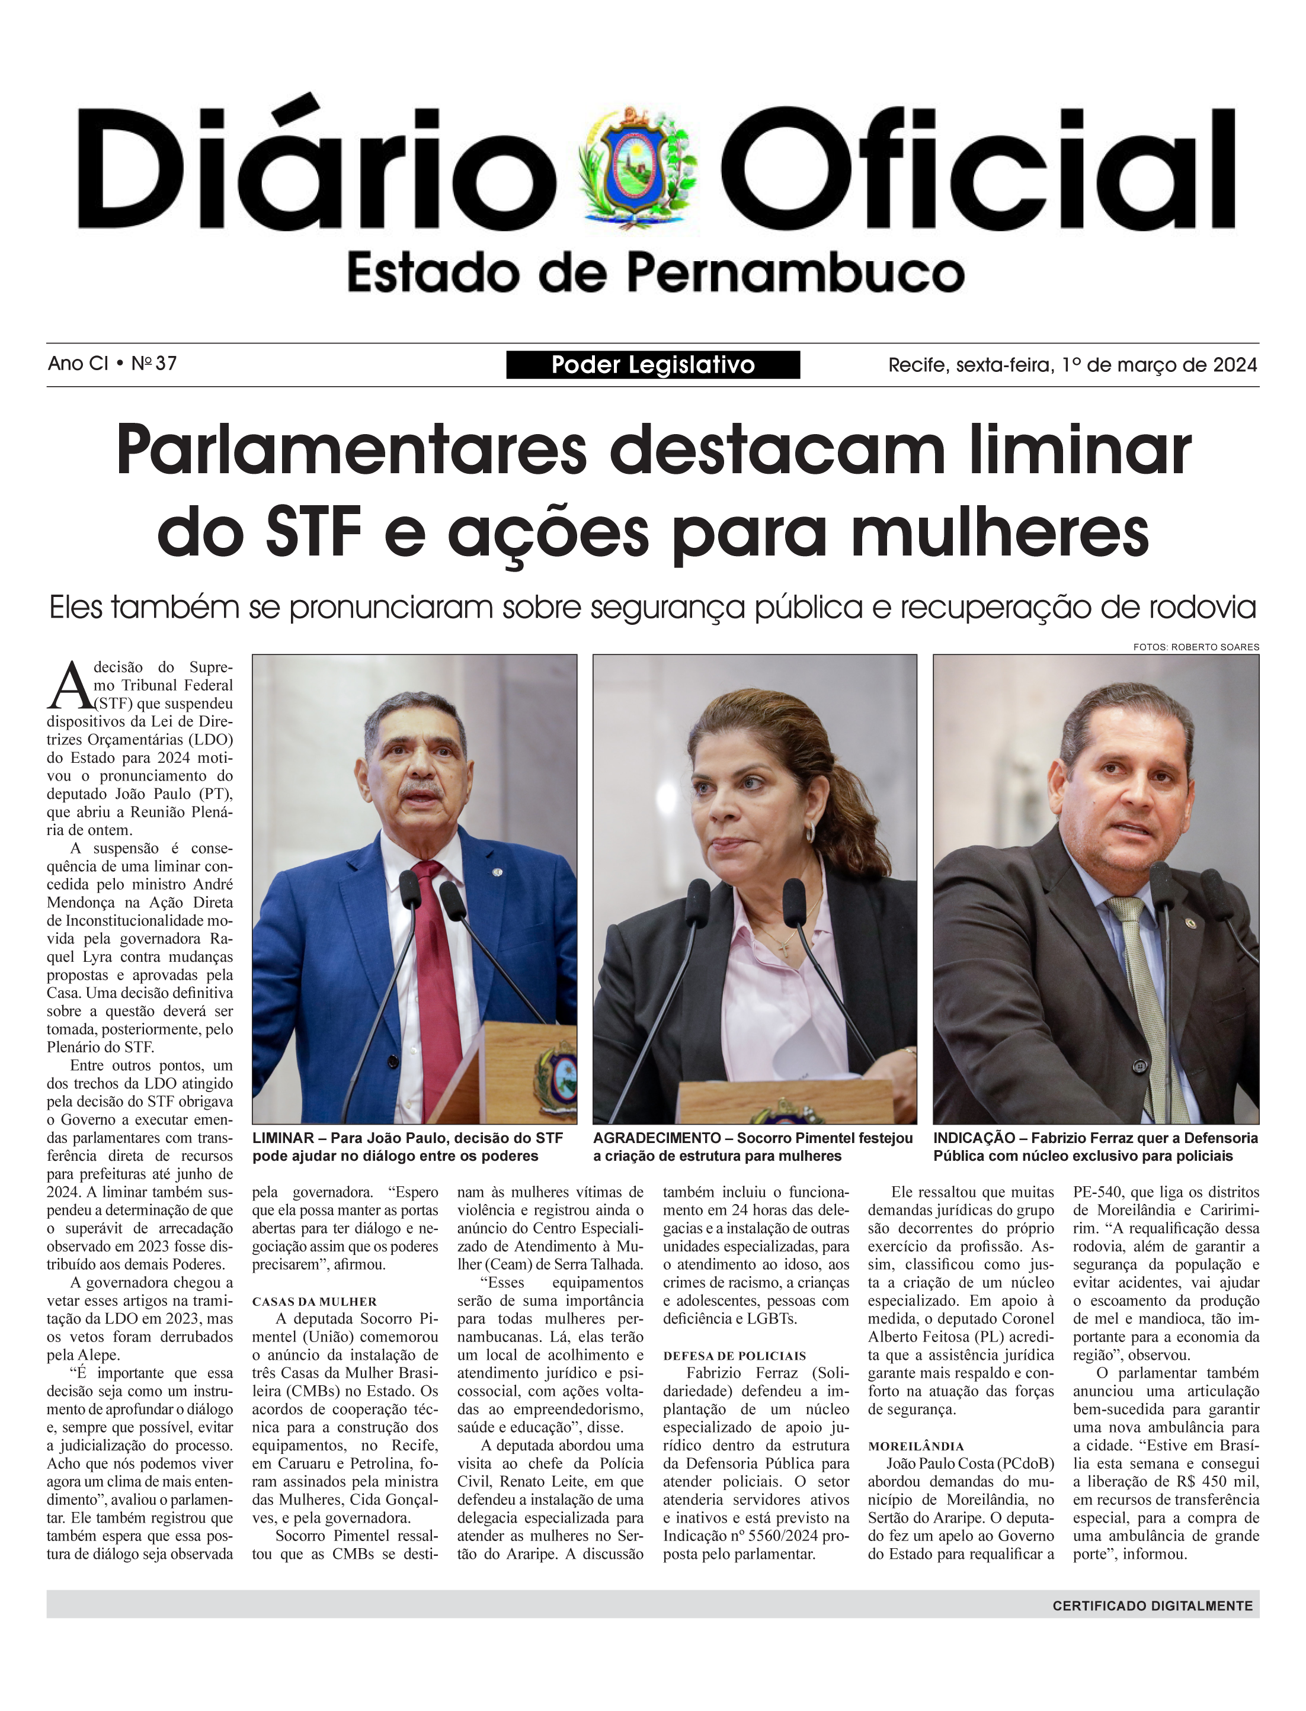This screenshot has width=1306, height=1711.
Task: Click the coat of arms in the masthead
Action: pyautogui.click(x=638, y=167)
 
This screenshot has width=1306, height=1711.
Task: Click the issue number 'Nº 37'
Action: pyautogui.click(x=154, y=364)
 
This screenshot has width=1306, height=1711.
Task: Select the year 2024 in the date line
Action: pyautogui.click(x=1232, y=365)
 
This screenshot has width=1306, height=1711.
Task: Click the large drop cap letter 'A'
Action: pyautogui.click(x=70, y=687)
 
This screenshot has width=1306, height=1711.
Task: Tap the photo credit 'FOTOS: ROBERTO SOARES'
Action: pyautogui.click(x=1196, y=647)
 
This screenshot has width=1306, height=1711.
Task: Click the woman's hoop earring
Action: pyautogui.click(x=809, y=832)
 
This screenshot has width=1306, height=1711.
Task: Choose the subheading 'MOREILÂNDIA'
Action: pyautogui.click(x=916, y=1446)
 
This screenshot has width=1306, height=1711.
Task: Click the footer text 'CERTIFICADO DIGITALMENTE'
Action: pyautogui.click(x=1152, y=1606)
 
